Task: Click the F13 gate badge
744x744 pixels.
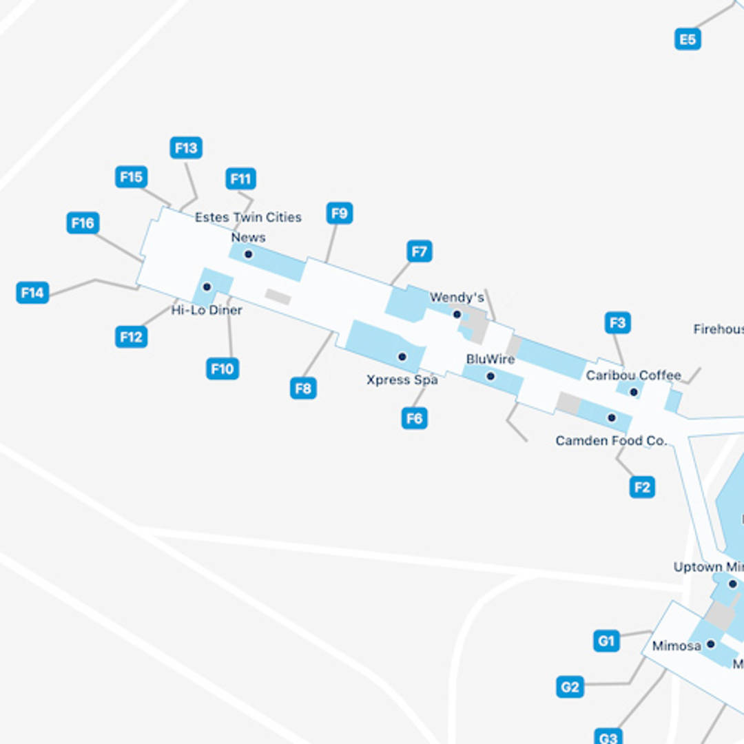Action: (x=186, y=147)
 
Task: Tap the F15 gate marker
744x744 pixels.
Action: (x=132, y=177)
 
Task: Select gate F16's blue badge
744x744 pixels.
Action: (x=83, y=223)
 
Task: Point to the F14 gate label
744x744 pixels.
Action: (x=32, y=293)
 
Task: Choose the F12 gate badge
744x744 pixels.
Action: (x=131, y=337)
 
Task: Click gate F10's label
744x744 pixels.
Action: (x=222, y=369)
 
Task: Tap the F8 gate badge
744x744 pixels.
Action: (x=303, y=389)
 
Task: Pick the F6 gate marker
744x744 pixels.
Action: (x=414, y=417)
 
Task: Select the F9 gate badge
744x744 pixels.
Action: (x=340, y=213)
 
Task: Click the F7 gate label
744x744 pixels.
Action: (x=420, y=251)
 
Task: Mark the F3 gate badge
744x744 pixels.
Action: (x=618, y=322)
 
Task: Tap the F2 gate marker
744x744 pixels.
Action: (x=642, y=488)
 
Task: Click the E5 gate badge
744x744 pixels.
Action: (x=688, y=39)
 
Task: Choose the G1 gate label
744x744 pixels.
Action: (x=606, y=641)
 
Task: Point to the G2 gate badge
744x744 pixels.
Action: (x=570, y=687)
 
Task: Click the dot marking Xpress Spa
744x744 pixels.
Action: (x=402, y=357)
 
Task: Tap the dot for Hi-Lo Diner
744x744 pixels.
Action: (x=207, y=287)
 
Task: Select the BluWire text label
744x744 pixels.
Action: (x=490, y=359)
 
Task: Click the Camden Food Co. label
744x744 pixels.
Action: (x=611, y=440)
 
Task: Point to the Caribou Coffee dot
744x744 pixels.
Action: (x=634, y=392)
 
